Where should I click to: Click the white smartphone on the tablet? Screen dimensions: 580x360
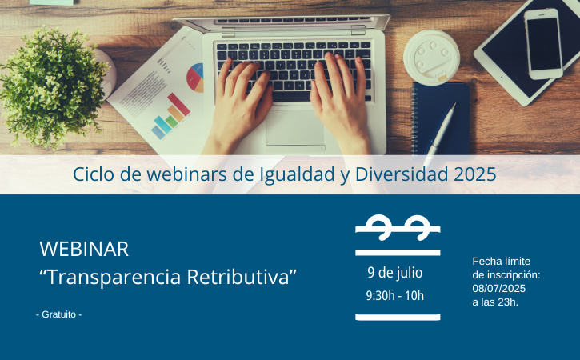(543, 44)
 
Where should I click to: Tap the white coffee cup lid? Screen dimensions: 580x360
(431, 58)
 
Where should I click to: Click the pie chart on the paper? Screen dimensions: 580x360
(195, 78)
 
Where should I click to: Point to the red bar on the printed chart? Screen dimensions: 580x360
(178, 104)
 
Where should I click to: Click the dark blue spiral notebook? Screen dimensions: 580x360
(440, 118)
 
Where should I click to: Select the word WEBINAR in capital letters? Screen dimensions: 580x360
(84, 249)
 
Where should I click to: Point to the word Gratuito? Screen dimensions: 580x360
(59, 314)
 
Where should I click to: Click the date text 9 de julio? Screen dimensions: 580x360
(394, 273)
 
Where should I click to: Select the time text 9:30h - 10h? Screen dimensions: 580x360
(394, 296)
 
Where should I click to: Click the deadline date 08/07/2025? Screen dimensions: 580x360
(498, 289)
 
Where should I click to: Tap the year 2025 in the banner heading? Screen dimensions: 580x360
(475, 174)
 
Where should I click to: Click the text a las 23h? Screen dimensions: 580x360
(495, 302)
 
